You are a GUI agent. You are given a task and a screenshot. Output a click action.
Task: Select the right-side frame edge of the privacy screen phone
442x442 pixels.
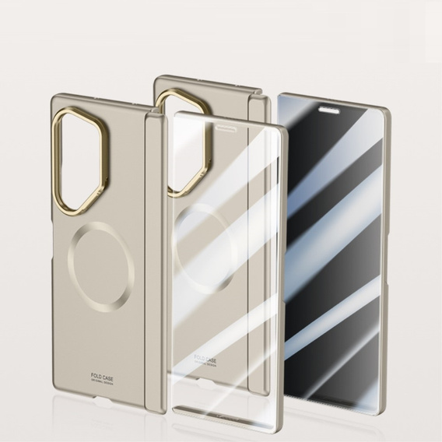386,257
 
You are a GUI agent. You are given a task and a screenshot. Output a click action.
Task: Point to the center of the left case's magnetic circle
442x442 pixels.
100,260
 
